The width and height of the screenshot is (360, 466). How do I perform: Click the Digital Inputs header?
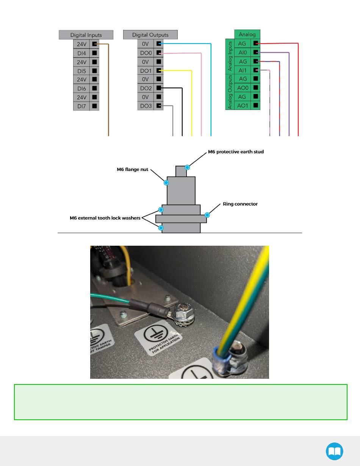(x=86, y=35)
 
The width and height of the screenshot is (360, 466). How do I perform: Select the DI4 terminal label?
(x=82, y=53)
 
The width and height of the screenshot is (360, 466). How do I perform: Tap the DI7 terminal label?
(x=82, y=106)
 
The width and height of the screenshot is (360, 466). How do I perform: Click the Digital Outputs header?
(x=150, y=35)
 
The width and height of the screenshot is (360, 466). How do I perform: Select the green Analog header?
(x=247, y=35)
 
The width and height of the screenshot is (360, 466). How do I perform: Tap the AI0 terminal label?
(x=243, y=53)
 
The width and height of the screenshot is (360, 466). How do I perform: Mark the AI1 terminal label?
(x=243, y=71)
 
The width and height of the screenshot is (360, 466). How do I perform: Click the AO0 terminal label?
(x=243, y=88)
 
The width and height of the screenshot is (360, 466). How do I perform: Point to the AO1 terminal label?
(x=243, y=105)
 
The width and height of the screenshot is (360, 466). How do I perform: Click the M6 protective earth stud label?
(x=236, y=152)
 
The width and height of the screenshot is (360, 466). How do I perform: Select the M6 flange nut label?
(x=132, y=169)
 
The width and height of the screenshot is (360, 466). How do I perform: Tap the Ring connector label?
(x=240, y=204)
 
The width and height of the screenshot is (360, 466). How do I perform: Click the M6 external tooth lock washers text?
(x=105, y=218)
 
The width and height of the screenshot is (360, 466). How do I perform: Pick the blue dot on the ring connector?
(x=207, y=215)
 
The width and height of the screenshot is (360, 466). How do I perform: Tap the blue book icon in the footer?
(x=335, y=451)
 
